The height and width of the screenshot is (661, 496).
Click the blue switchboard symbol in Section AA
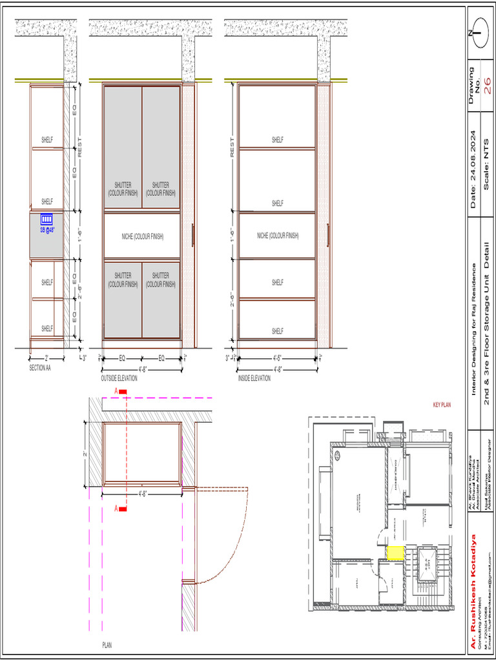[46, 219]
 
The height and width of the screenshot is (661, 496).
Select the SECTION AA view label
[40, 368]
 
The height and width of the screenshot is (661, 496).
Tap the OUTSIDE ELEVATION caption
[119, 378]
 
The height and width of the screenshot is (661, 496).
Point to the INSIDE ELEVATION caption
[254, 378]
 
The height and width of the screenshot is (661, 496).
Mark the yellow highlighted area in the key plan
[395, 553]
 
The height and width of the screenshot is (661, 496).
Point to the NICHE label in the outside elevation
[142, 236]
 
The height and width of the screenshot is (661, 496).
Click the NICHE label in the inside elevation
[278, 236]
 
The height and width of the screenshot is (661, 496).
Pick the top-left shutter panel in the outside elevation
[123, 147]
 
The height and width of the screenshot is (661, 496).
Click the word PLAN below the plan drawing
[107, 645]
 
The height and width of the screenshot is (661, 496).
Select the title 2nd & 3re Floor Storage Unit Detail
[488, 323]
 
